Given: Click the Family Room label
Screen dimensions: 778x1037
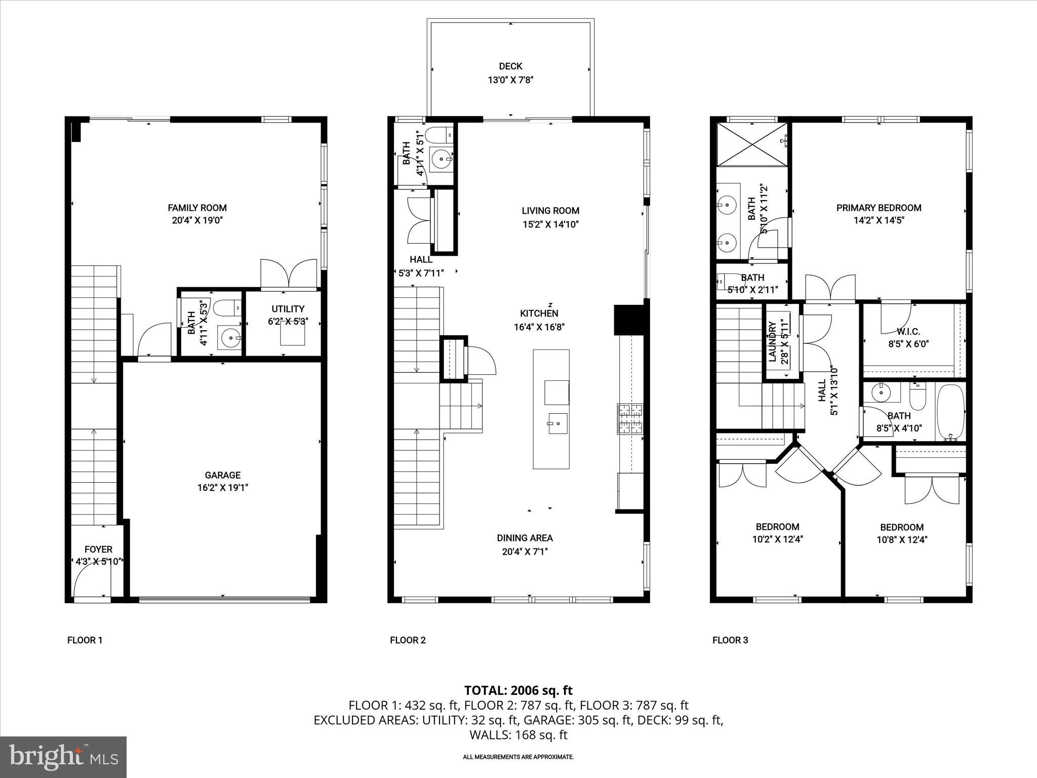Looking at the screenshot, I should (197, 208).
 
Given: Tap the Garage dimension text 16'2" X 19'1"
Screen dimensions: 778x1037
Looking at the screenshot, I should (222, 488).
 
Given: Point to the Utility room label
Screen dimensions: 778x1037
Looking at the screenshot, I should (288, 309).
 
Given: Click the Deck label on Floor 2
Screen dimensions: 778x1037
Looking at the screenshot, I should (510, 66).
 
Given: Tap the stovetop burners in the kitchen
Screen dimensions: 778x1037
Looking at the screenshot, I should (629, 419).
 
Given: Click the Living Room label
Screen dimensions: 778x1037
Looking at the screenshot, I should (550, 211).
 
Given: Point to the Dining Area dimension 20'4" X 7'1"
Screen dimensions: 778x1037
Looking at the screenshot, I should (525, 552).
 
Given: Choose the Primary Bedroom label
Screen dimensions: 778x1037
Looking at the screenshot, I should (879, 208).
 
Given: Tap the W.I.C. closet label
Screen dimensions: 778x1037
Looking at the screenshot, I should (908, 332).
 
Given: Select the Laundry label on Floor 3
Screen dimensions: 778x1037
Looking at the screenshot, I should (772, 342).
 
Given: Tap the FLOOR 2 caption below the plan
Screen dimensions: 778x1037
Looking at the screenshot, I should (408, 640).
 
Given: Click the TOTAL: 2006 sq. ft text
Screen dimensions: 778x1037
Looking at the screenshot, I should (518, 690).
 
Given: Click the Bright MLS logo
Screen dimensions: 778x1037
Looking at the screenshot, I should (63, 757).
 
